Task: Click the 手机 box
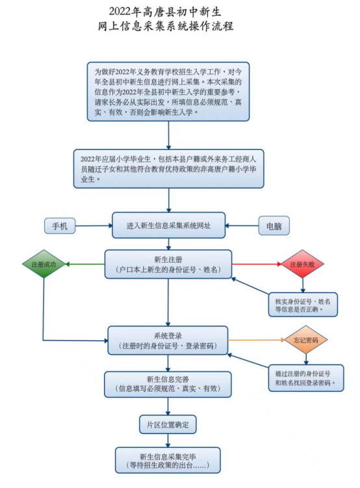(x=60, y=225)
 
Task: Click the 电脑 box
(x=274, y=226)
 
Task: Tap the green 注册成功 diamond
(x=44, y=264)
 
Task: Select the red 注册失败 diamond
(x=302, y=264)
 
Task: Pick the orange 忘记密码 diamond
(x=306, y=340)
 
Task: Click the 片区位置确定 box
(x=168, y=424)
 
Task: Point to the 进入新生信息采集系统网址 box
(x=169, y=225)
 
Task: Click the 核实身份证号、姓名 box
(x=303, y=305)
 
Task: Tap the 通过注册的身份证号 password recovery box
(x=306, y=378)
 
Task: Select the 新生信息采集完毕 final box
(x=168, y=460)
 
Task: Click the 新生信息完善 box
(x=168, y=384)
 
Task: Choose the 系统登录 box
(x=168, y=340)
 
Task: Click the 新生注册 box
(x=168, y=264)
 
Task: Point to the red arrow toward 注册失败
(x=257, y=264)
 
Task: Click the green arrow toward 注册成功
(x=85, y=264)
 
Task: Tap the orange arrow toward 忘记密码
(x=257, y=340)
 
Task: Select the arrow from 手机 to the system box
(x=94, y=225)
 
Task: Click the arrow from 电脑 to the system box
(x=242, y=225)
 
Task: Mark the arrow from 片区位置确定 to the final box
(x=168, y=441)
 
